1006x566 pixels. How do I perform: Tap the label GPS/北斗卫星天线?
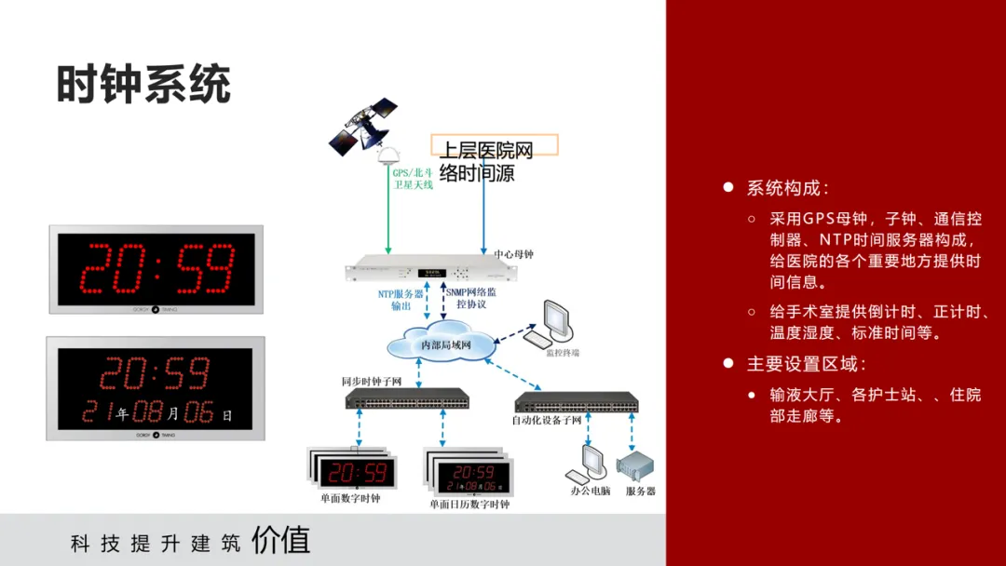[x=413, y=179]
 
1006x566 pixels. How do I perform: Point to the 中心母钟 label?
[x=514, y=253]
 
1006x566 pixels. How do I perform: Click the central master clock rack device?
[x=429, y=271]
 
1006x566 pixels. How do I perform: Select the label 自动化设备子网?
[x=547, y=420]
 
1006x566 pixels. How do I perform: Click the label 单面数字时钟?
[x=350, y=499]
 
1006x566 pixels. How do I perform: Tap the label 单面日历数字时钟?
[x=469, y=505]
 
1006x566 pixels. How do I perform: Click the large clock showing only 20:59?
[x=156, y=269]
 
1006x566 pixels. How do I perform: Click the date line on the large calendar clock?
[x=156, y=411]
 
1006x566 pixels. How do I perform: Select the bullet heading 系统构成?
[x=786, y=188]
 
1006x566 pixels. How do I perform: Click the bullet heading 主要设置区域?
[x=805, y=364]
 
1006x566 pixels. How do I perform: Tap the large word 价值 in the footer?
[x=281, y=540]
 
